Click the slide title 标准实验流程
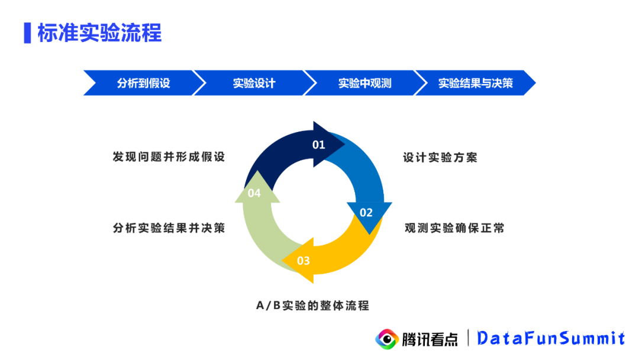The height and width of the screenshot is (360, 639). click(99, 33)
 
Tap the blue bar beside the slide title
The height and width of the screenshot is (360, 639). click(27, 33)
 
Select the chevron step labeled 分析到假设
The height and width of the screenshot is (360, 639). click(143, 83)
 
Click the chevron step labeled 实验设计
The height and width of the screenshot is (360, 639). click(253, 83)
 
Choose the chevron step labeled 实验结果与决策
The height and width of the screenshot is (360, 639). click(475, 83)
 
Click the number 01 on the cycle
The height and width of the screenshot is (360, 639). click(319, 144)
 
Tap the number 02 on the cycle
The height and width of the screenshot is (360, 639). click(366, 213)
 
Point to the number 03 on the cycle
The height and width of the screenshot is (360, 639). click(303, 261)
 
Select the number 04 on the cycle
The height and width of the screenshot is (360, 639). click(254, 193)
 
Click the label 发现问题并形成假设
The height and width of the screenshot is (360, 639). click(169, 157)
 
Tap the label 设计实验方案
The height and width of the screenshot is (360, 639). click(440, 157)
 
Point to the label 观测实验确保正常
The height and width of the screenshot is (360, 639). click(454, 228)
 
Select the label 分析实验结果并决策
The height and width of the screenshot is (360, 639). click(169, 228)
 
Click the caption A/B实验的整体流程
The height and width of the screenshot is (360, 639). click(312, 306)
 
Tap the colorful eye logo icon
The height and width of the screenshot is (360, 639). click(387, 339)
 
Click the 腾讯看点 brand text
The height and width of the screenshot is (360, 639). click(430, 339)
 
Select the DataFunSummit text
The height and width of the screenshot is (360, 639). click(551, 338)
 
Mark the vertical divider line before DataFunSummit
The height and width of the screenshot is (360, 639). click(469, 338)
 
